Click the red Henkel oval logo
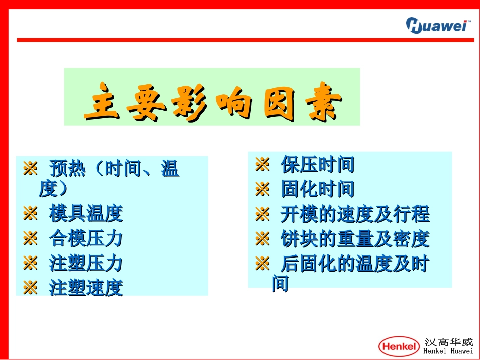pyautogui.click(x=399, y=346)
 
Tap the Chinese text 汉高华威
pyautogui.click(x=449, y=342)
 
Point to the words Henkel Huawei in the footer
pyautogui.click(x=449, y=351)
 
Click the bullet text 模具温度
pyautogui.click(x=86, y=214)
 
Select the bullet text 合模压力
pyautogui.click(x=86, y=238)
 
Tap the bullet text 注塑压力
pyautogui.click(x=86, y=263)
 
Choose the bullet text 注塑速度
pyautogui.click(x=86, y=288)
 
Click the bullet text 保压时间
pyautogui.click(x=317, y=165)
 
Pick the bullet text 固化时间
pyautogui.click(x=317, y=189)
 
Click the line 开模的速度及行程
pyautogui.click(x=355, y=214)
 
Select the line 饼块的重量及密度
pyautogui.click(x=355, y=239)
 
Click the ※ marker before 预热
pyautogui.click(x=31, y=169)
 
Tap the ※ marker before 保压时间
pyautogui.click(x=262, y=165)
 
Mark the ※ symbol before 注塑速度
pyautogui.click(x=31, y=288)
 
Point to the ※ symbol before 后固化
pyautogui.click(x=262, y=264)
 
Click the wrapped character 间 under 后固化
pyautogui.click(x=280, y=284)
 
